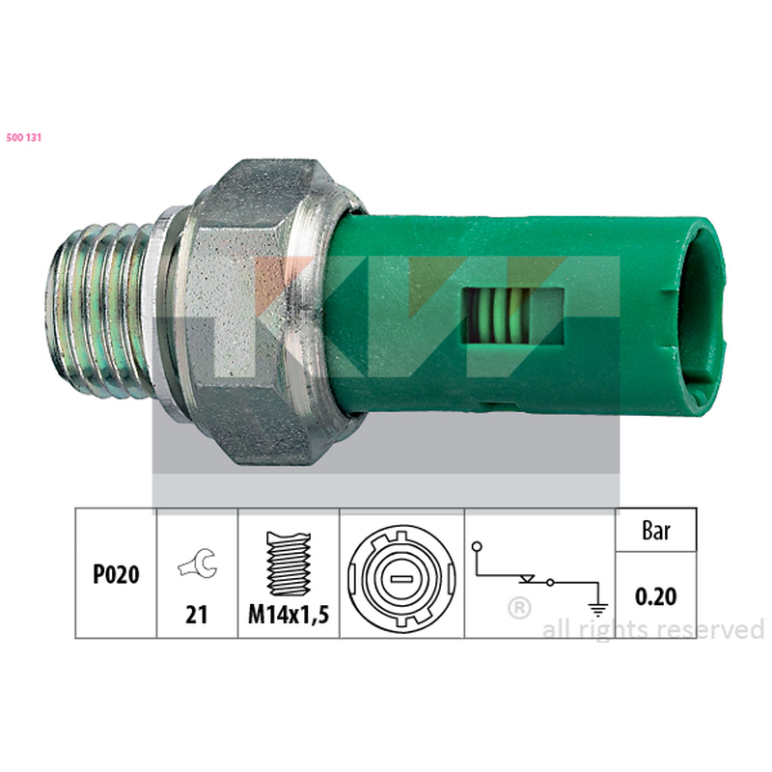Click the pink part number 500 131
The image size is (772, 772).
pyautogui.click(x=23, y=138)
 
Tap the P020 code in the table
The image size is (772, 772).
pyautogui.click(x=116, y=574)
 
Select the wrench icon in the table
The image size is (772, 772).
pyautogui.click(x=198, y=564)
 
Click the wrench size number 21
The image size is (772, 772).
pyautogui.click(x=197, y=615)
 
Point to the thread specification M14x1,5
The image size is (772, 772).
pyautogui.click(x=289, y=615)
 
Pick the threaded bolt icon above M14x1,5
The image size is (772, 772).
pyautogui.click(x=289, y=564)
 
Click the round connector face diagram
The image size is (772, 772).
pyautogui.click(x=401, y=578)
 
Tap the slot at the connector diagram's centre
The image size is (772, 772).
pyautogui.click(x=401, y=579)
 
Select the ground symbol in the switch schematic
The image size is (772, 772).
pyautogui.click(x=597, y=610)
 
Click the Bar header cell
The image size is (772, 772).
pyautogui.click(x=656, y=530)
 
